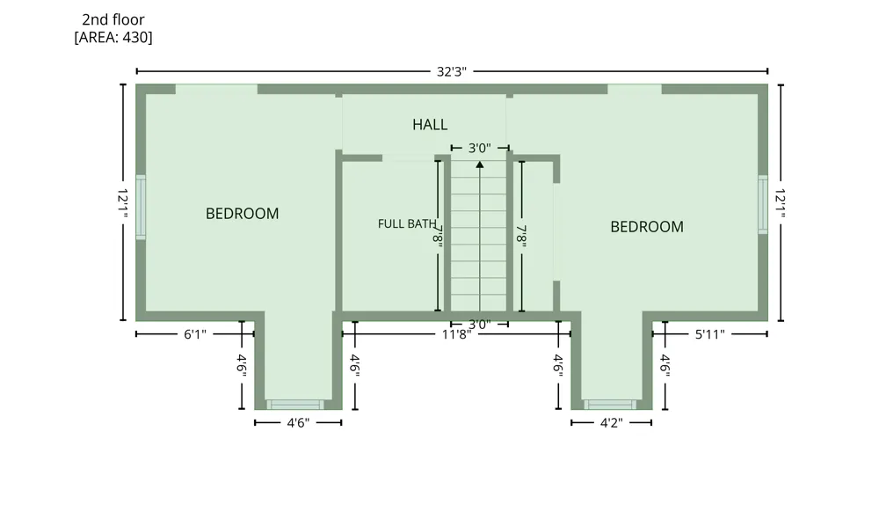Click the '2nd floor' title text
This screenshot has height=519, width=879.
coord(113,19)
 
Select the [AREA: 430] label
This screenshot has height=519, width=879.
coord(113,38)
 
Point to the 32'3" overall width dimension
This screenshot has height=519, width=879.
coord(451,72)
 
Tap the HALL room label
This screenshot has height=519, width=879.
coord(430,125)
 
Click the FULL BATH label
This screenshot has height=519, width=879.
coord(407,223)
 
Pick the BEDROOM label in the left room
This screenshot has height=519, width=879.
coord(243,214)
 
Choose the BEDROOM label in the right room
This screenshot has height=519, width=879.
coord(647,227)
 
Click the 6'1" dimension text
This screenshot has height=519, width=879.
coord(195,334)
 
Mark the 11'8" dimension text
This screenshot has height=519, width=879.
coord(456,335)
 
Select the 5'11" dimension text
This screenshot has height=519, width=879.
coord(709,335)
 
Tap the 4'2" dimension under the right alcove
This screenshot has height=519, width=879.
coord(612,423)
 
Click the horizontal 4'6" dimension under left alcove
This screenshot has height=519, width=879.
coord(298,423)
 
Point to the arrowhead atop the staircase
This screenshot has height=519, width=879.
coord(480,164)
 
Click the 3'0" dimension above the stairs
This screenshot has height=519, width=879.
coord(480,148)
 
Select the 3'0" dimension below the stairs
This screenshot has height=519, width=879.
coord(480,325)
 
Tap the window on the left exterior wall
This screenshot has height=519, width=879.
coord(141,208)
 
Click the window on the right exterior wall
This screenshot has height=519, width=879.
coord(763,204)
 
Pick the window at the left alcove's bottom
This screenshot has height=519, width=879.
coord(294,405)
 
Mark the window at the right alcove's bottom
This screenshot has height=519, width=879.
coord(610,405)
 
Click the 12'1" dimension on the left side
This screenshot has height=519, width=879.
coord(123,203)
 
